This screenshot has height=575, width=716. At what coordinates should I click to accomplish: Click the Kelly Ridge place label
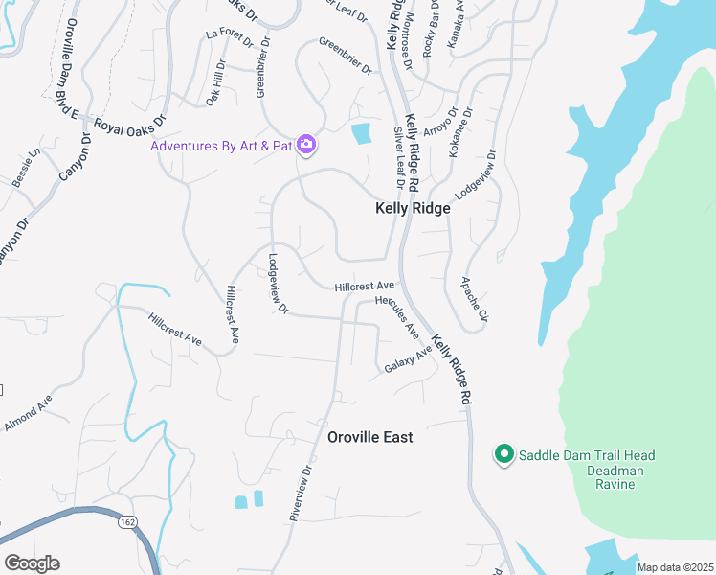(x=412, y=208)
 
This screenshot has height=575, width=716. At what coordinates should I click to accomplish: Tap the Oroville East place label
(x=370, y=437)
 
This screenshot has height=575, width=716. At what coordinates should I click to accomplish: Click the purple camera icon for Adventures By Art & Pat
(x=306, y=145)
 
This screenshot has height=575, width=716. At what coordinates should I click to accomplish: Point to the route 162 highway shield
(x=126, y=522)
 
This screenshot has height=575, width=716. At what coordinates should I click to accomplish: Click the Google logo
(x=32, y=563)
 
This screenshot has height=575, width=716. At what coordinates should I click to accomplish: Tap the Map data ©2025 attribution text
(x=674, y=567)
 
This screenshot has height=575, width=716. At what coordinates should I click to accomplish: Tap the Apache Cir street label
(x=475, y=299)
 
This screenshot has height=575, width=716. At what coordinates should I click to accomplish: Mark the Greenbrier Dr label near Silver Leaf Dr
(x=345, y=56)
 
